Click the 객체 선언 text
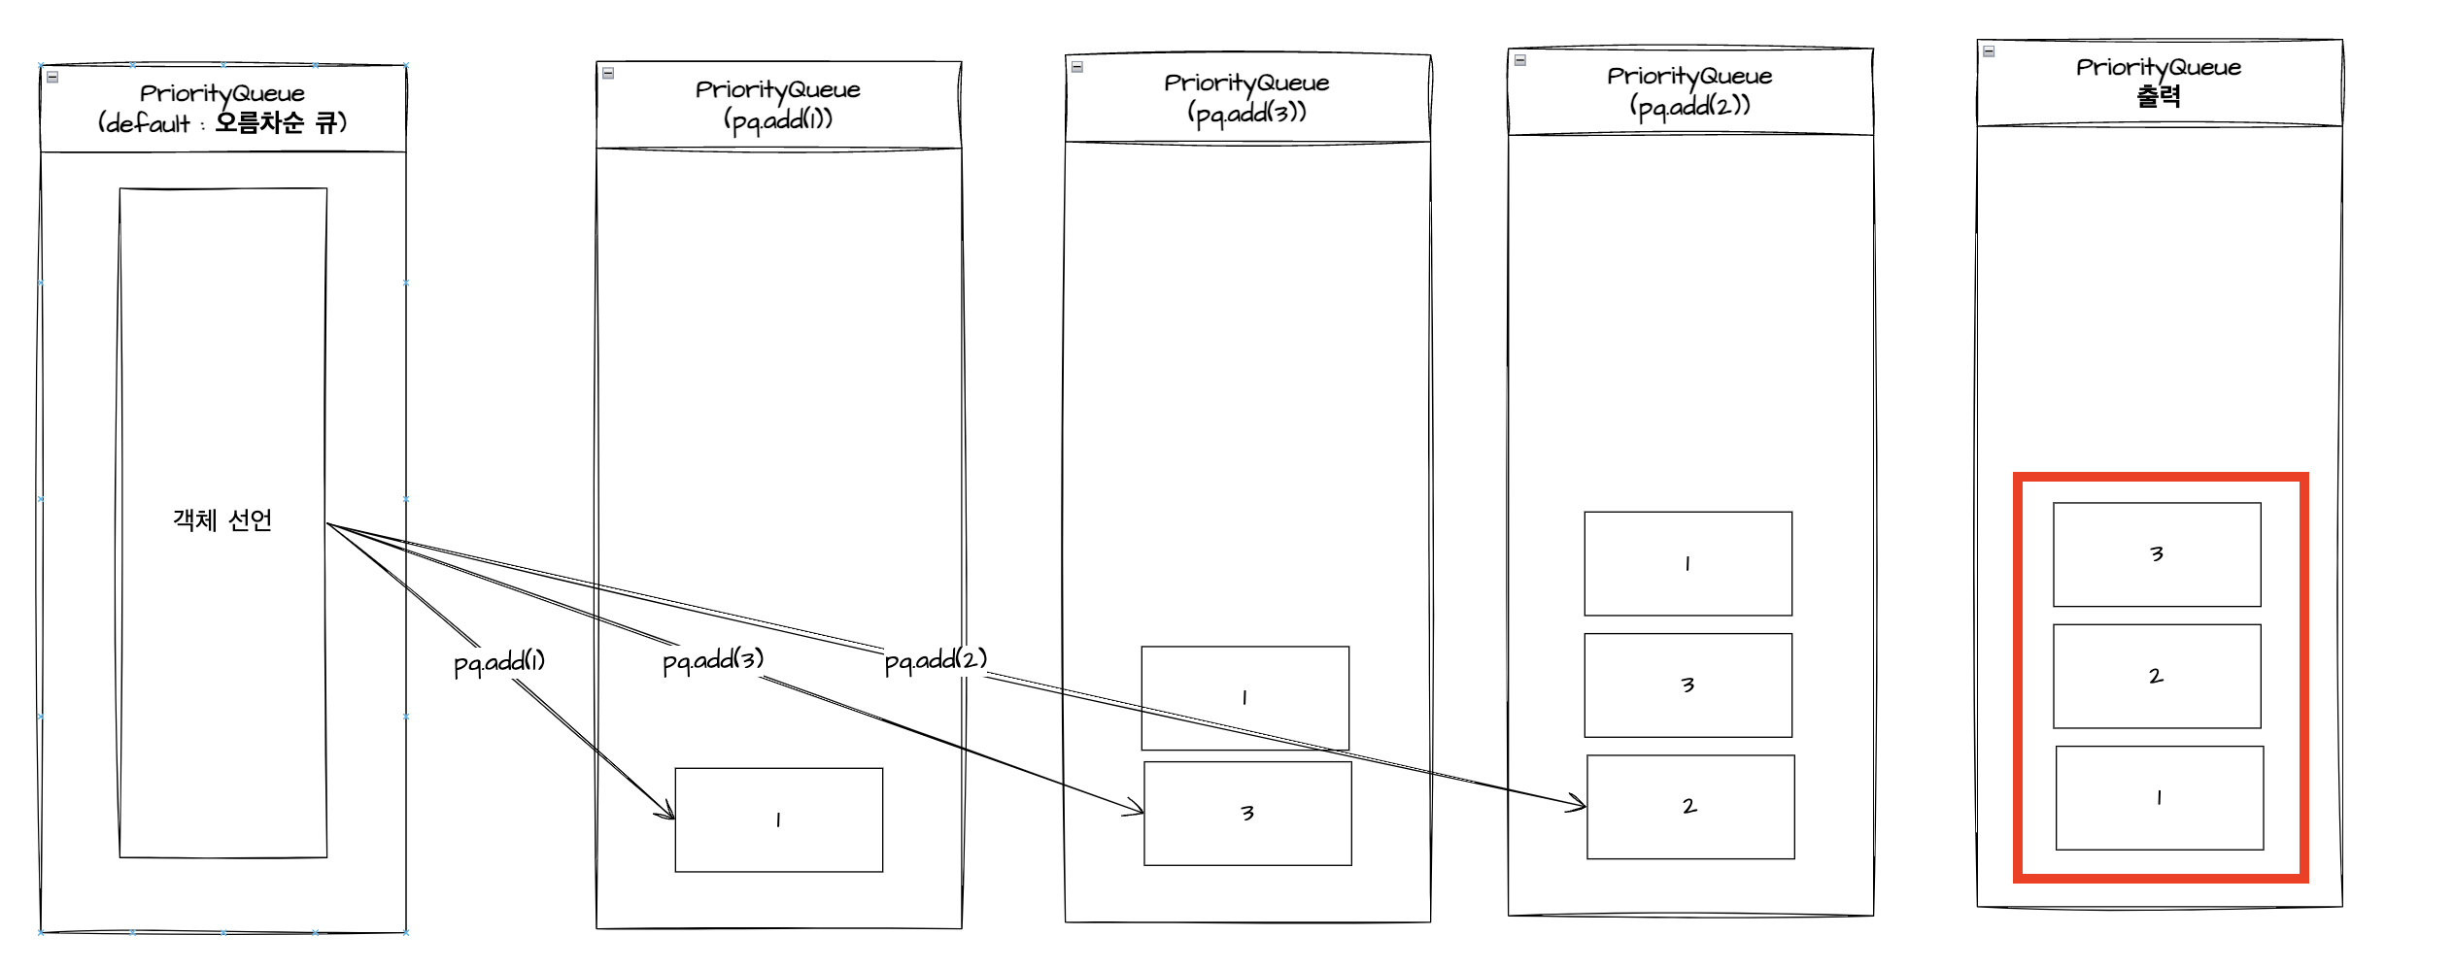point(222,521)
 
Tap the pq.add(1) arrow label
point(499,662)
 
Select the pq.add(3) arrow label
point(713,660)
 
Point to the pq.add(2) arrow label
point(936,660)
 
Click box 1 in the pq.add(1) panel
point(778,820)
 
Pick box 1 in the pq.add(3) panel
point(1244,698)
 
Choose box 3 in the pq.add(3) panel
point(1247,814)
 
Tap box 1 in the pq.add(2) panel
point(1687,564)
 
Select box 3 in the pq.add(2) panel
point(1687,685)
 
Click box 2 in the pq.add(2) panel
point(1690,807)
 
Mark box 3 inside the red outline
point(2157,554)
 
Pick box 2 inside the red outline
point(2157,677)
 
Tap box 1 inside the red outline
point(2159,798)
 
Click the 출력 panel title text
point(2159,96)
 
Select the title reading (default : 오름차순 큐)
point(222,123)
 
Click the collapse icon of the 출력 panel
point(1989,51)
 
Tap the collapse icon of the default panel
point(52,77)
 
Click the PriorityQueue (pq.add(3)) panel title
point(1246,98)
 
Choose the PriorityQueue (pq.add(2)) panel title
point(1689,91)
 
